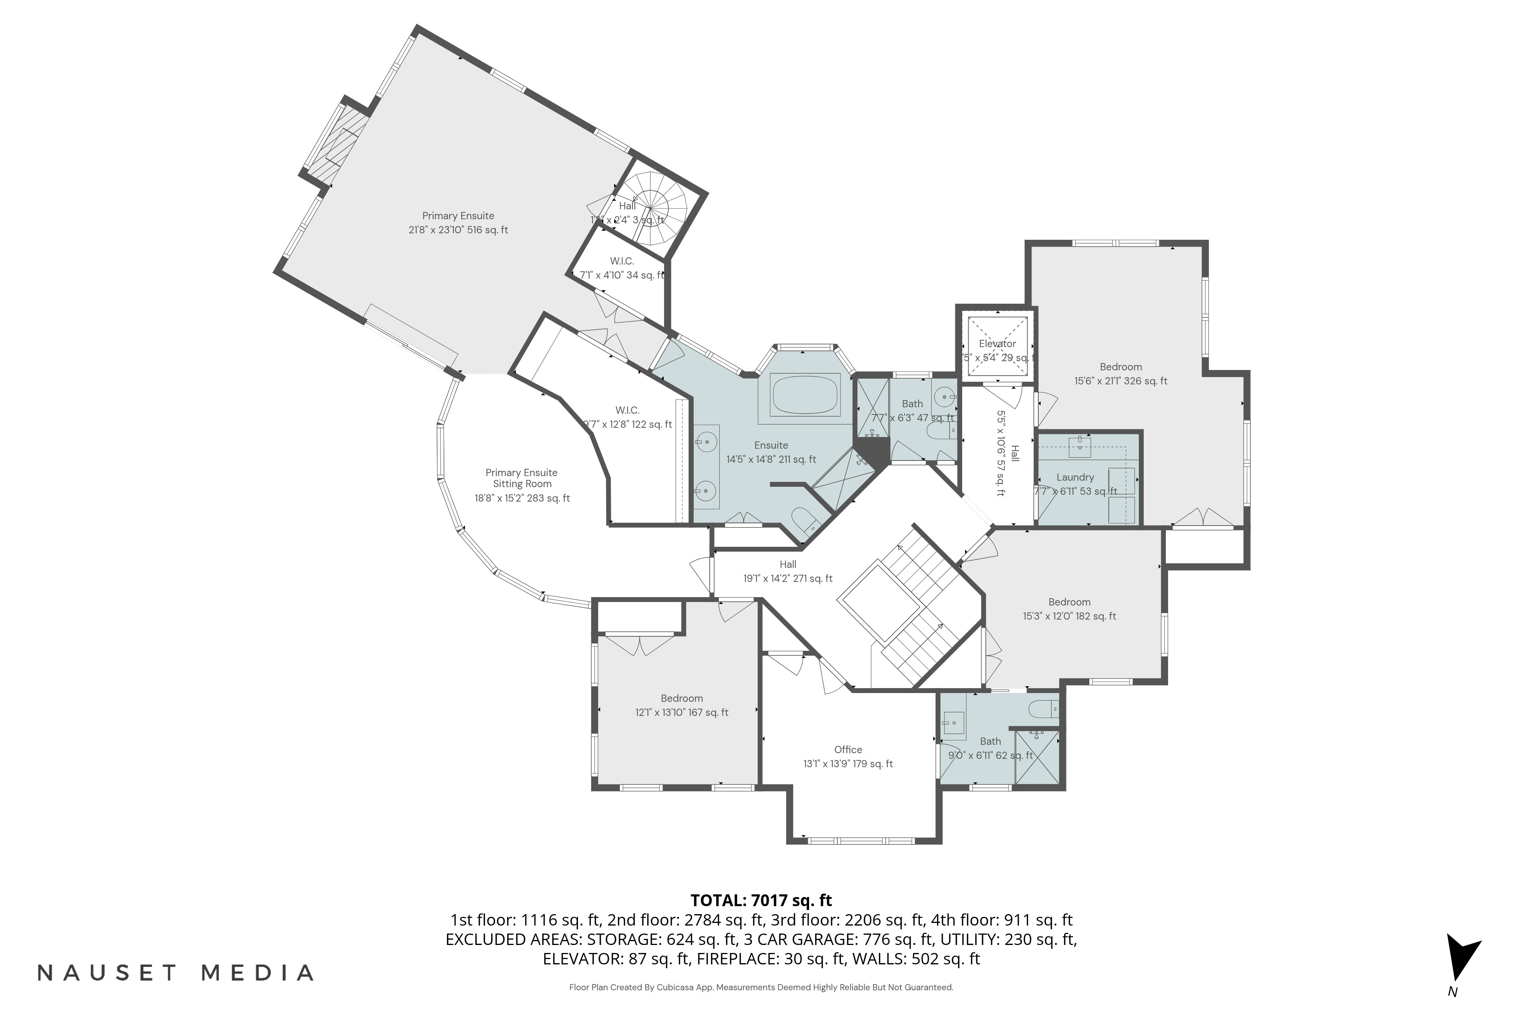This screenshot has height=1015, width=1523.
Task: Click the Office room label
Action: [x=848, y=750]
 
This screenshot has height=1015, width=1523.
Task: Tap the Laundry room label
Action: [x=1075, y=477]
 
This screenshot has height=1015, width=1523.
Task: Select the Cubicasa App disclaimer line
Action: [x=761, y=987]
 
